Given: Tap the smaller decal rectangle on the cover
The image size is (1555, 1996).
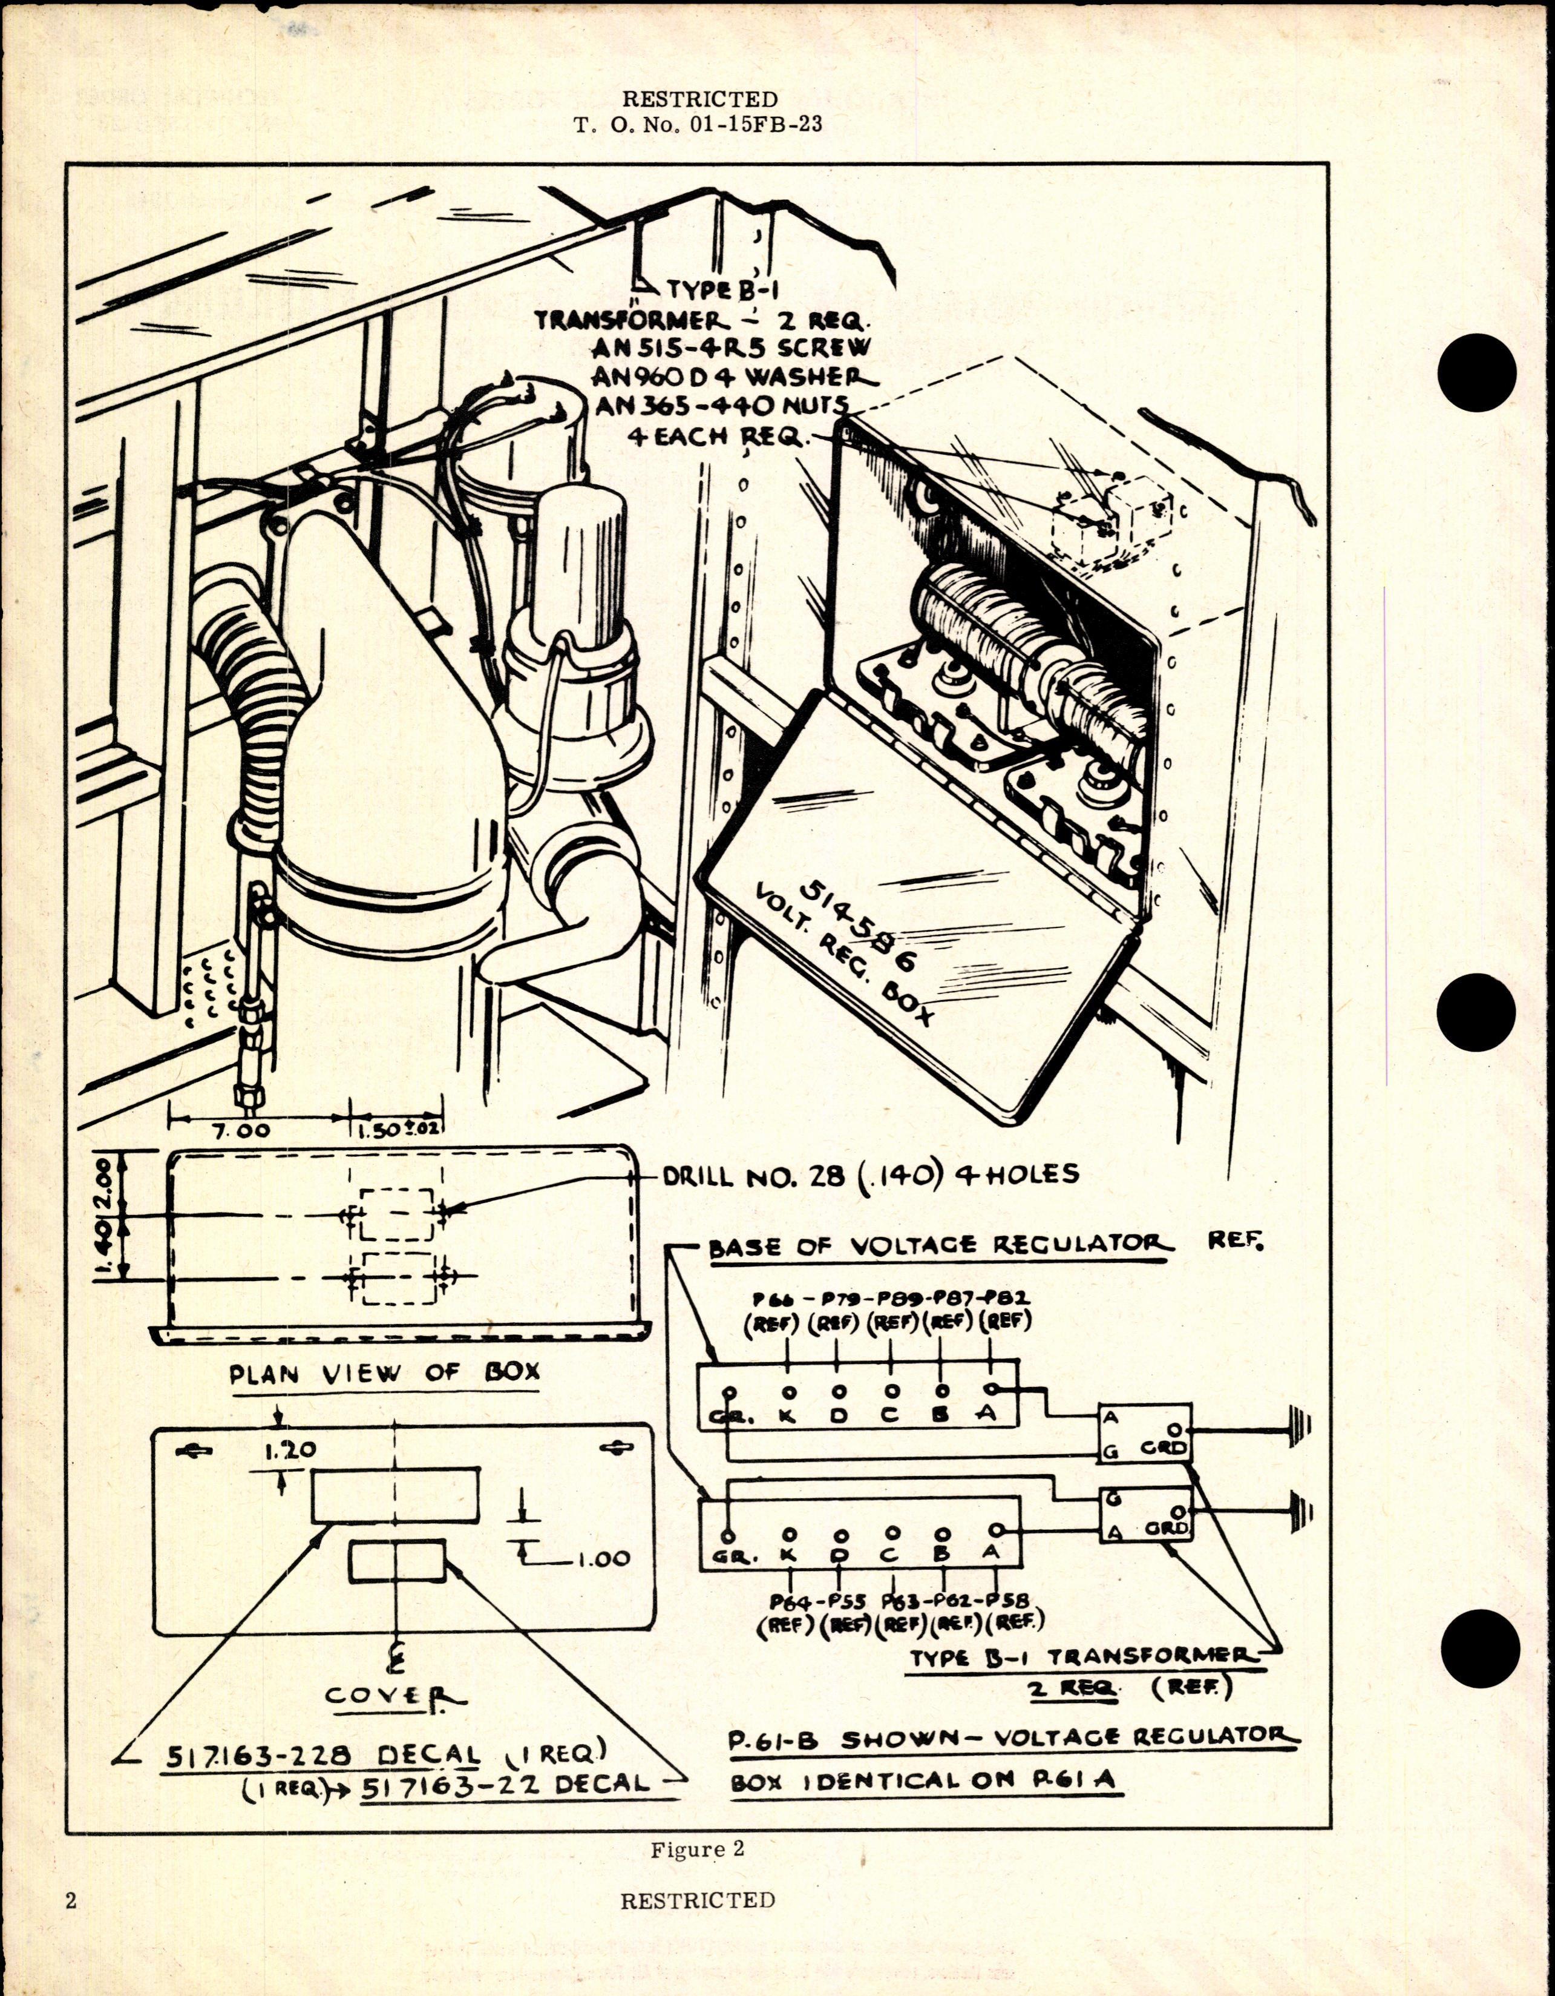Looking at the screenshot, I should click(x=396, y=1560).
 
